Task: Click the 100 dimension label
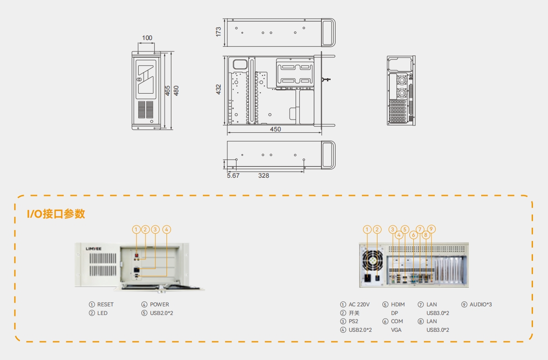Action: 147,38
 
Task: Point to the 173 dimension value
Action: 218,31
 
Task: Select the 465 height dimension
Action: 167,90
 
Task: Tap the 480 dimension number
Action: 176,90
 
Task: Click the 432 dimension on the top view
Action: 218,89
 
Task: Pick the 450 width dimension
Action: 275,129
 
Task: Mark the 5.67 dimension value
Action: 233,175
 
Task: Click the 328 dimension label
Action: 263,175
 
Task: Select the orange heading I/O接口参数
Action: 56,214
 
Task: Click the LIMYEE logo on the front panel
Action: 95,249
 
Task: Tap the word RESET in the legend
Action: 106,305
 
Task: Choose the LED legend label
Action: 102,313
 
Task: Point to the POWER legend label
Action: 159,305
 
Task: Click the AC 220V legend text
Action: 359,305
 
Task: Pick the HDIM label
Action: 398,305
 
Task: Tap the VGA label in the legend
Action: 397,330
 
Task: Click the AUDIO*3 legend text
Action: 481,305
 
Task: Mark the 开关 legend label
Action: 354,313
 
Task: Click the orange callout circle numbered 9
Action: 432,229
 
